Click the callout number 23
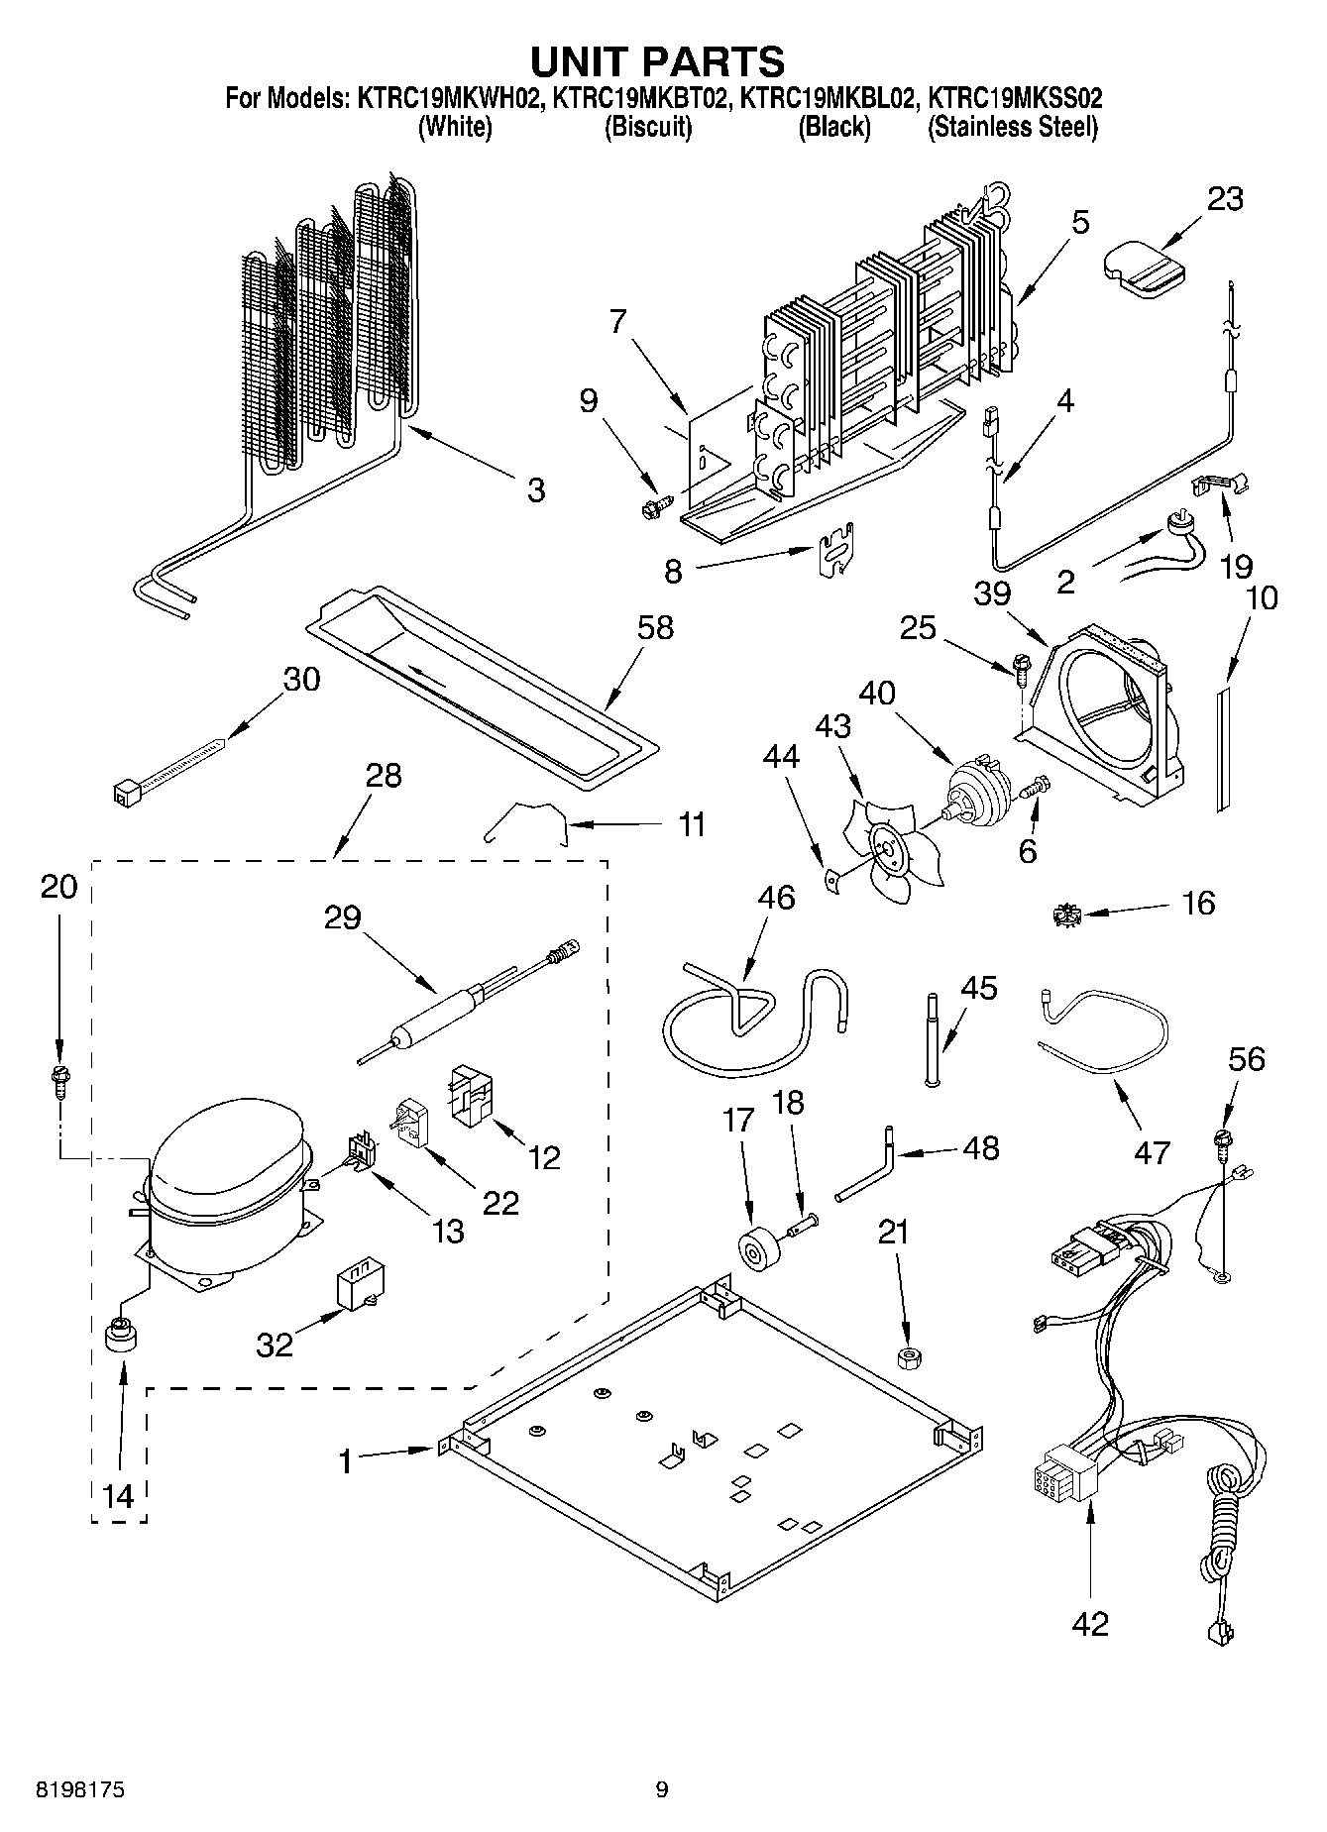pyautogui.click(x=1224, y=199)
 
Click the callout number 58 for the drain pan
pyautogui.click(x=656, y=627)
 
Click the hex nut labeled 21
pyautogui.click(x=904, y=1357)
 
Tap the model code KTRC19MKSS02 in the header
pyautogui.click(x=1013, y=99)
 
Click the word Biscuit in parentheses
pyautogui.click(x=647, y=128)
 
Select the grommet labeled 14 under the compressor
pyautogui.click(x=120, y=1335)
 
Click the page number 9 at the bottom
pyautogui.click(x=661, y=1789)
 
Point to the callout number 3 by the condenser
pyautogui.click(x=535, y=489)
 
